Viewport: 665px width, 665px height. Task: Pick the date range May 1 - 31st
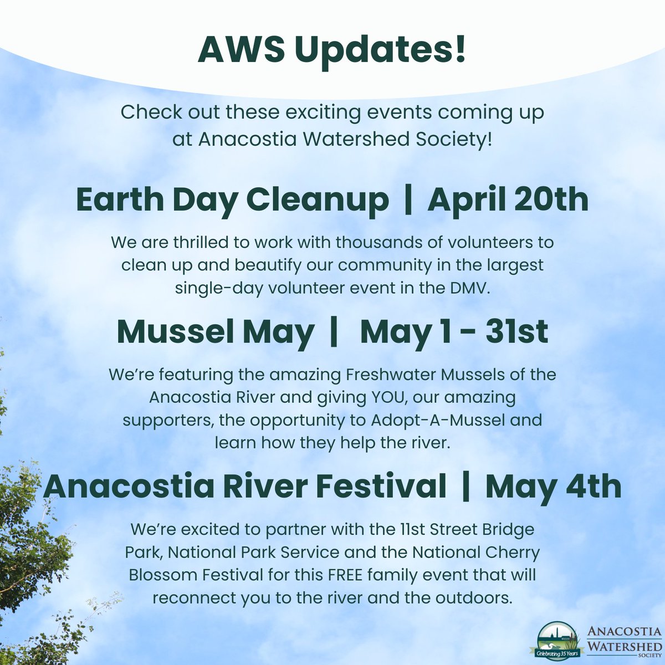[x=454, y=332]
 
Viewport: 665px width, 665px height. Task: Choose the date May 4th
[x=553, y=487]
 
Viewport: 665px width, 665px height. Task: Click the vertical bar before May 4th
[x=466, y=487]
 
